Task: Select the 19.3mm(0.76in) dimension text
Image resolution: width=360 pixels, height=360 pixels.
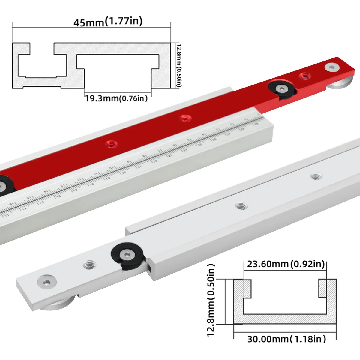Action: coord(116,98)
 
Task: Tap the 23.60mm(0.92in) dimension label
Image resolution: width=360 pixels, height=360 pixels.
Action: coord(286,264)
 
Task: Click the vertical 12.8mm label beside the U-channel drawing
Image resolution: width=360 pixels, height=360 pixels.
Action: coord(212,300)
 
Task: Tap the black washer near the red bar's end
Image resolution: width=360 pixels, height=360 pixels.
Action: coord(282,89)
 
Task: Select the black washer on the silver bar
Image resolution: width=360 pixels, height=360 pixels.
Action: coord(128,256)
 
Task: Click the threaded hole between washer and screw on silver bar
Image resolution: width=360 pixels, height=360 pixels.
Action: coord(89,265)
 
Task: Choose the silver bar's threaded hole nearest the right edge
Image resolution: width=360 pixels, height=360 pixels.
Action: coord(315,176)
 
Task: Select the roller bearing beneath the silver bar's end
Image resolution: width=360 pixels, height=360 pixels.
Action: coord(57,308)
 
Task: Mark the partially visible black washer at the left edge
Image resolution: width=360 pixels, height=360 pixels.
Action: coord(4,186)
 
